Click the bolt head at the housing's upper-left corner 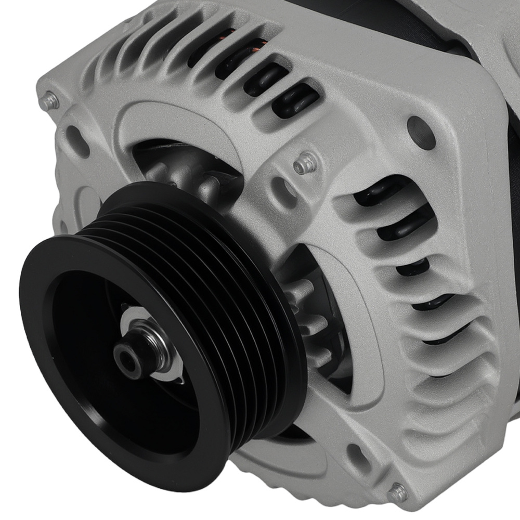coord(50,101)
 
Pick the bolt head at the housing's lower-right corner coord(397,492)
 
